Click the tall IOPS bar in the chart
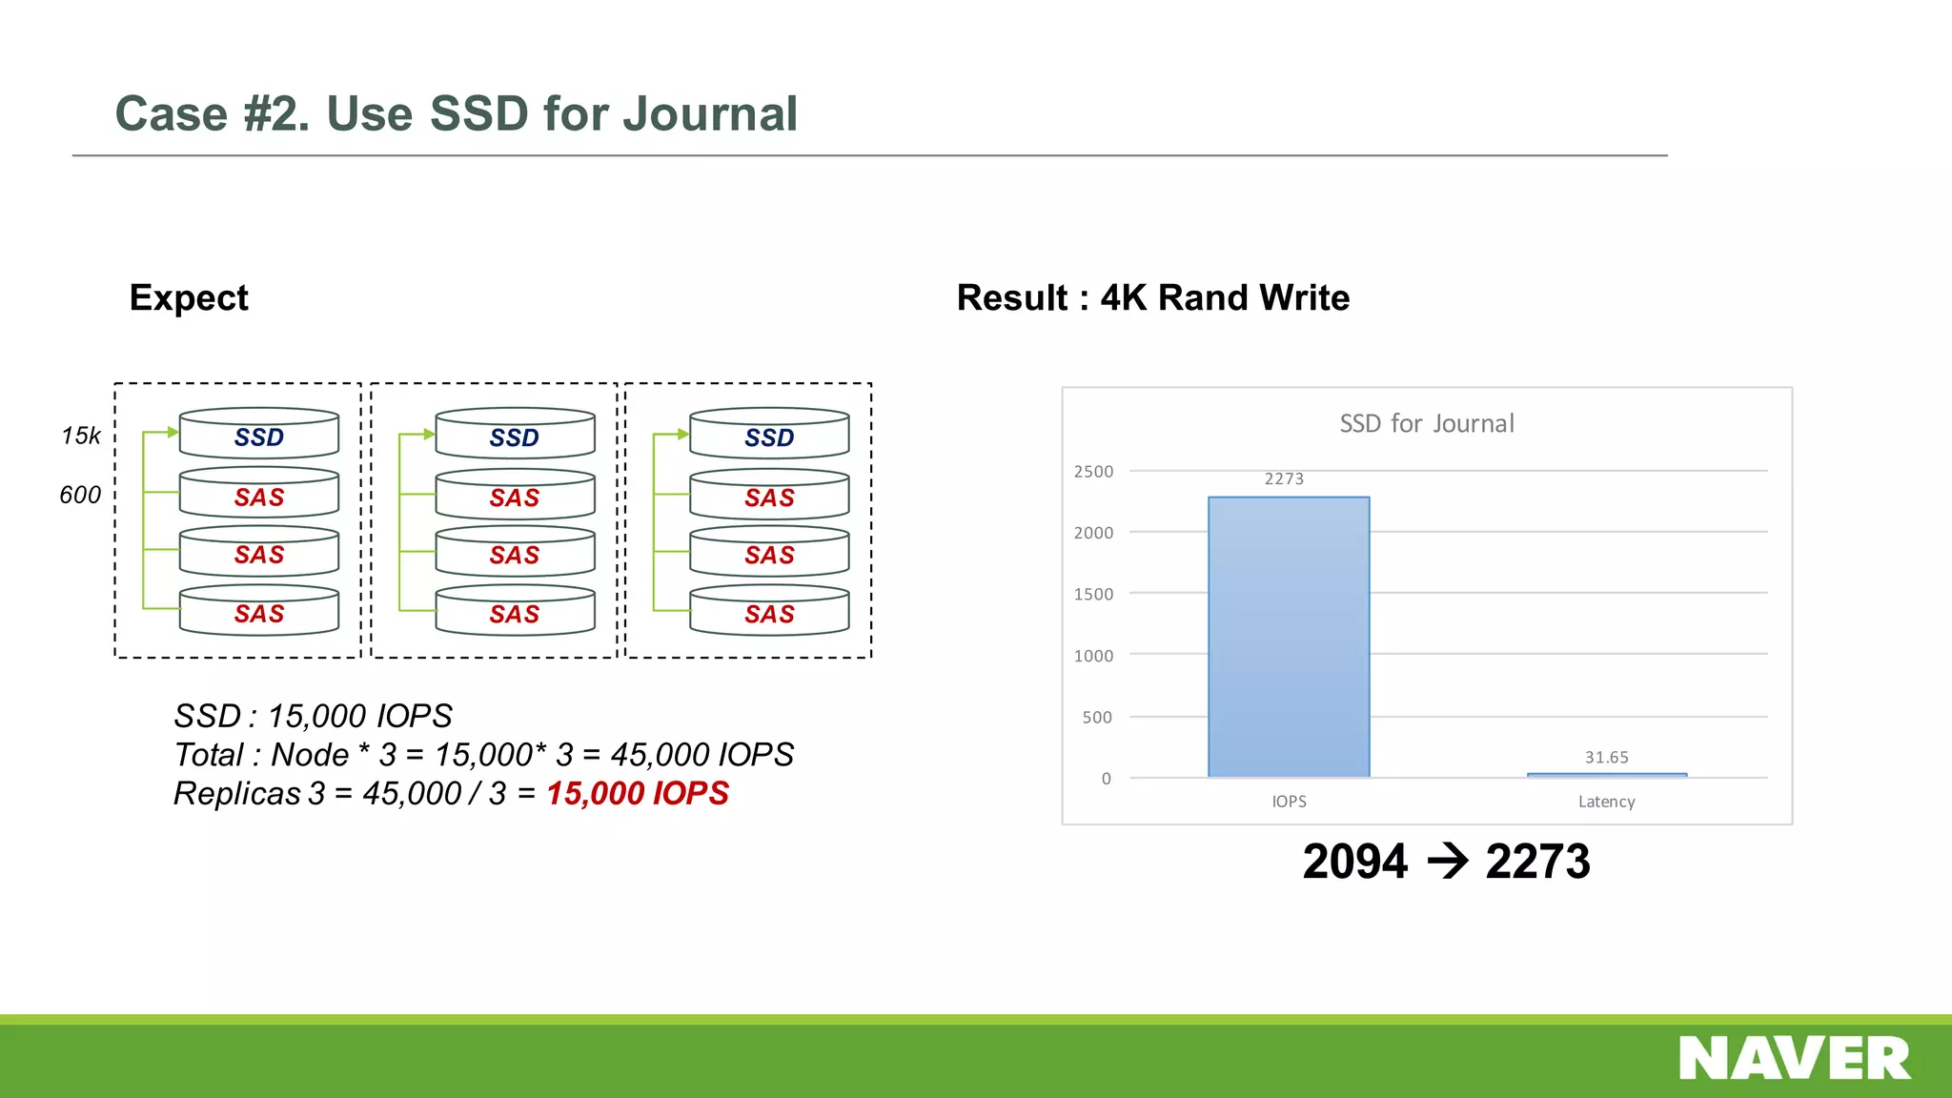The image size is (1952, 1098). [1289, 637]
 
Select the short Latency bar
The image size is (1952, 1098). [1607, 775]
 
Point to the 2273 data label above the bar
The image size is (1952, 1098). [1284, 478]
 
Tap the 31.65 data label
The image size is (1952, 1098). [1607, 757]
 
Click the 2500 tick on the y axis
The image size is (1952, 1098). [1093, 472]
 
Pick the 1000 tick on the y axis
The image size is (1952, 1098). [1093, 656]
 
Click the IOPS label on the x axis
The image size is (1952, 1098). [1289, 802]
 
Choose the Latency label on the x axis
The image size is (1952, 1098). [1607, 802]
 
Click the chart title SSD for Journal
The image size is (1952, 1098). [1427, 423]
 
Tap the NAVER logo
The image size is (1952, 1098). [1795, 1058]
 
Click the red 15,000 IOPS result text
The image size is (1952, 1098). [637, 793]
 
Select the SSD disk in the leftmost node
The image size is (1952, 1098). [259, 436]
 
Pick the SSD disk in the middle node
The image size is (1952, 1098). [515, 437]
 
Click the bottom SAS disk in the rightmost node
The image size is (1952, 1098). [769, 613]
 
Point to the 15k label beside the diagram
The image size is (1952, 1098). [80, 436]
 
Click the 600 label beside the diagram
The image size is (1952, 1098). [80, 495]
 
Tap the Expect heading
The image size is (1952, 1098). [189, 297]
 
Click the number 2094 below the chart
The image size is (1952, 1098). [1354, 862]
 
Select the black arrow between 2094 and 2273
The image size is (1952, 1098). [1448, 862]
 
